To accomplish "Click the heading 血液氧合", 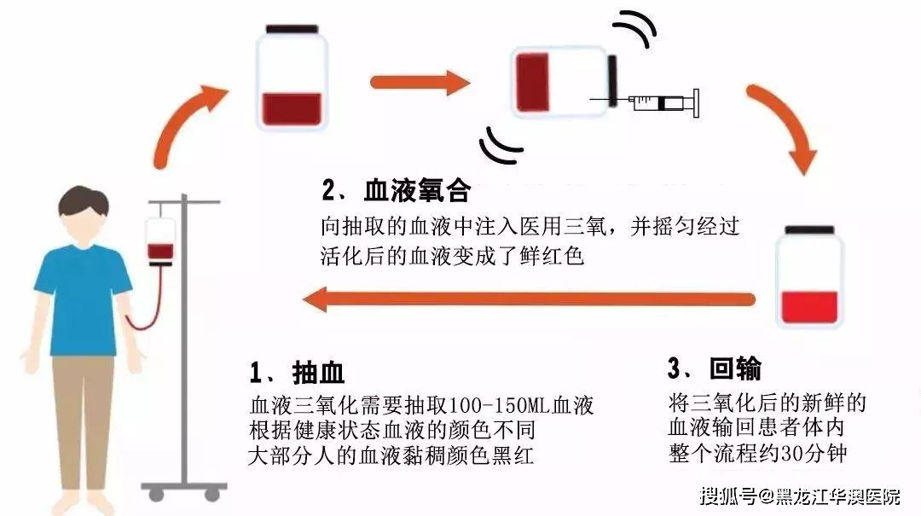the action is point(418,191).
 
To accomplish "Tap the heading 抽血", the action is point(318,373).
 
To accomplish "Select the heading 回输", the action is point(735,369).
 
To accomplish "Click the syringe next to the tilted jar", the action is point(646,103).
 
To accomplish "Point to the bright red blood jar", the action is point(809,276).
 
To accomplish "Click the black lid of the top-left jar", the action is point(292,29).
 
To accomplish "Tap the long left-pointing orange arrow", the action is point(529,299).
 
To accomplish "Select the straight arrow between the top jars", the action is point(420,82).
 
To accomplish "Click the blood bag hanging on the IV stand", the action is point(160,241).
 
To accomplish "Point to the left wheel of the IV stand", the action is point(156,495).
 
